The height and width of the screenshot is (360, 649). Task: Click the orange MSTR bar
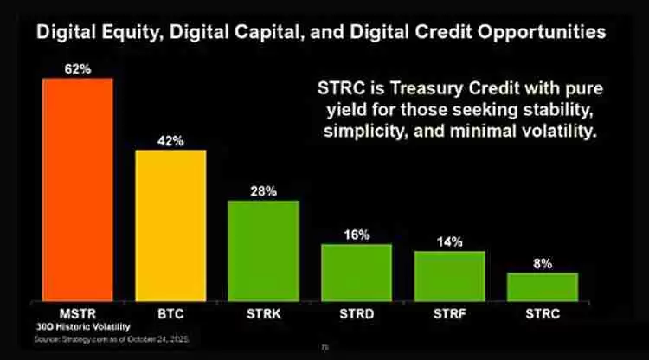click(77, 189)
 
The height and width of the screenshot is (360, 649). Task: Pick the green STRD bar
click(357, 271)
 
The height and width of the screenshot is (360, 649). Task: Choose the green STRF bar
click(449, 275)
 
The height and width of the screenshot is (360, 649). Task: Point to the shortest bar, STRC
click(542, 286)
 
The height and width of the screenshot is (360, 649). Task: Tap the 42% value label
click(171, 140)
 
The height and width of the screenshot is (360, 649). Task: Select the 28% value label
click(264, 191)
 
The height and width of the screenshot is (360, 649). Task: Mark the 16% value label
click(357, 235)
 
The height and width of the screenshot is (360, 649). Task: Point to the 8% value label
click(543, 263)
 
